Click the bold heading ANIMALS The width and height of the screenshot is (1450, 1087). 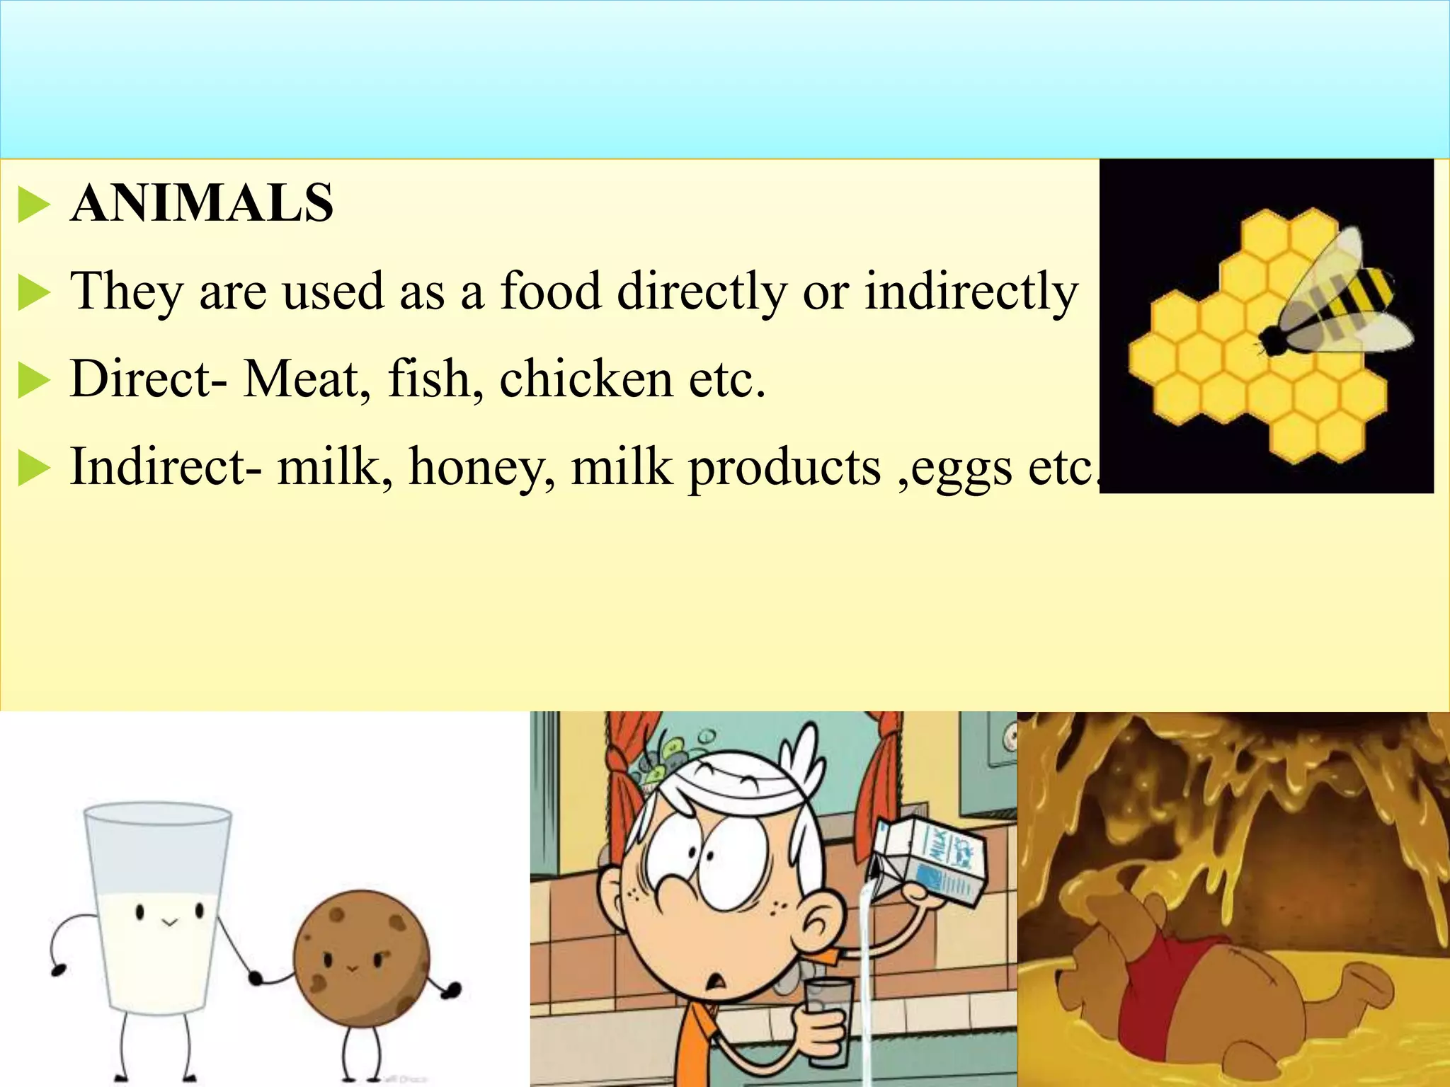click(x=202, y=204)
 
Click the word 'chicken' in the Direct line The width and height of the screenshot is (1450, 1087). click(x=586, y=379)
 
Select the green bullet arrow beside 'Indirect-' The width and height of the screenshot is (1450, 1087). click(x=33, y=469)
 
